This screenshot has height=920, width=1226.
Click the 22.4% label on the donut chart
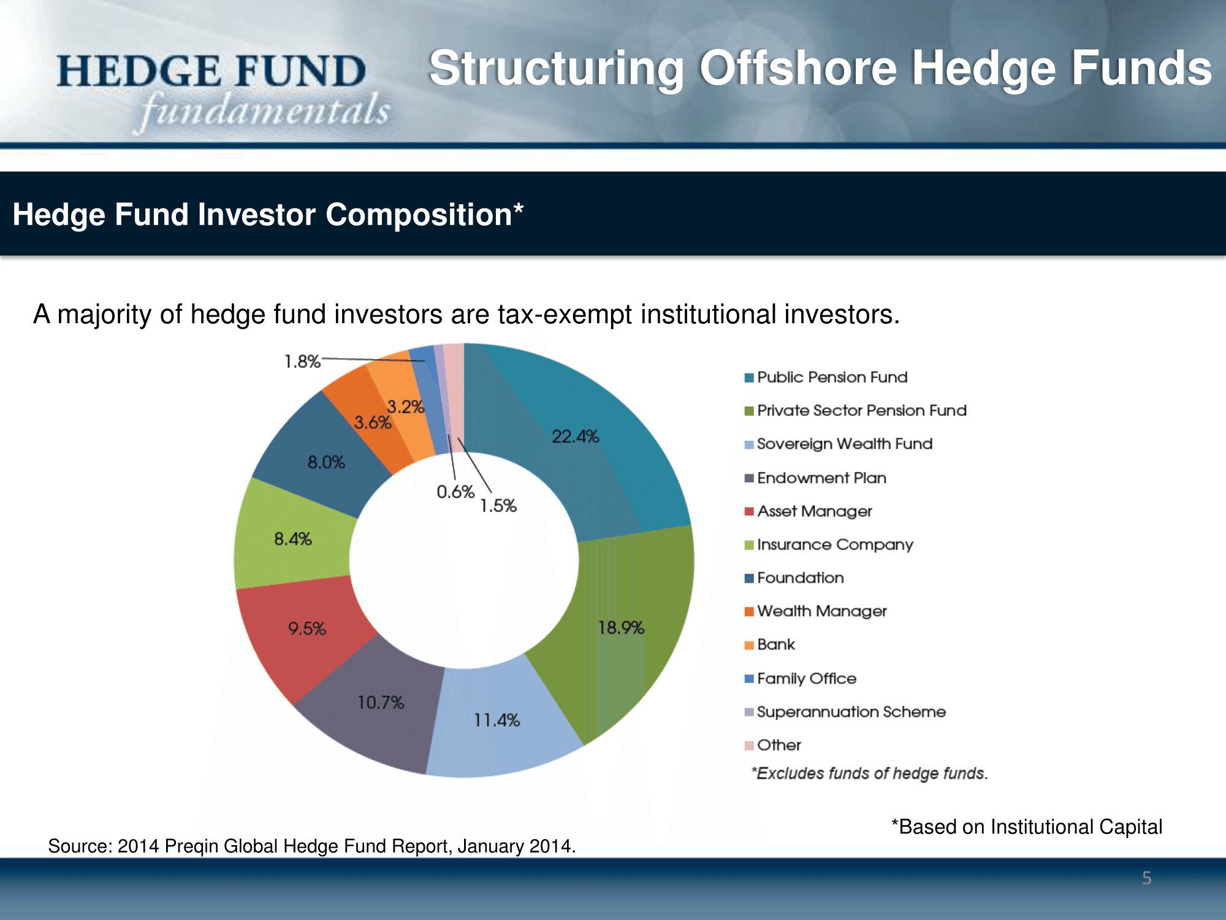[x=575, y=436]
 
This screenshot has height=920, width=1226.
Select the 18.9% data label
[x=621, y=627]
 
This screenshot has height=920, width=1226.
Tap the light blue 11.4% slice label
[x=497, y=720]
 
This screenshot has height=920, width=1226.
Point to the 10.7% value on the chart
[x=381, y=702]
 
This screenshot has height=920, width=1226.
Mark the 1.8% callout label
[x=302, y=361]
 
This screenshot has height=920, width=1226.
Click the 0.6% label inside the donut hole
[x=455, y=492]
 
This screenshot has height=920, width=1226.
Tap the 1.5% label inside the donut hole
[x=498, y=506]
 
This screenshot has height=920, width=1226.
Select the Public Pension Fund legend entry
[x=826, y=377]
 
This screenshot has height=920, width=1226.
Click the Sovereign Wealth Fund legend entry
[x=838, y=444]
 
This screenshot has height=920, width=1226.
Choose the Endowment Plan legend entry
[x=815, y=478]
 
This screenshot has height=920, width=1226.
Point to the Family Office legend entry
[x=800, y=678]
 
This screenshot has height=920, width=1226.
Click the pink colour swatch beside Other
[x=749, y=746]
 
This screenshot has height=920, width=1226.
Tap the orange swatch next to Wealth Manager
[x=749, y=611]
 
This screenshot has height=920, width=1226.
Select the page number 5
[x=1147, y=878]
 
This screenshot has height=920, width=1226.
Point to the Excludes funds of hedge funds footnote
[x=870, y=773]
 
